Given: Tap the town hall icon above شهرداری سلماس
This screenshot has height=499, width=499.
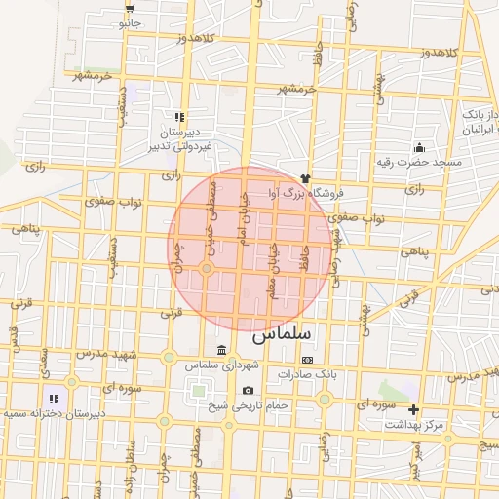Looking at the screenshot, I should click(223, 350).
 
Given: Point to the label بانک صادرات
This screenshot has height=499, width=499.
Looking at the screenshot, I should click(306, 373).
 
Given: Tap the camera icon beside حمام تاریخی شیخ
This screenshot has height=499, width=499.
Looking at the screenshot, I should click(248, 391).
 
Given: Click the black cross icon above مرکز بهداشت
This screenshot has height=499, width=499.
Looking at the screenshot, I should click(413, 409).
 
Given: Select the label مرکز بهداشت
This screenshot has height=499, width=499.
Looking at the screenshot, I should click(414, 424).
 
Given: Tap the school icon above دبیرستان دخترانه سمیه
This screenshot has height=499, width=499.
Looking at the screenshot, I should click(54, 398).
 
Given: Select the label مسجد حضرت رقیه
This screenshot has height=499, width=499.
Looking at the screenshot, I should click(419, 161).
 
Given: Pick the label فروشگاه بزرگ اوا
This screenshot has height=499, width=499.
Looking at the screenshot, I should click(302, 193).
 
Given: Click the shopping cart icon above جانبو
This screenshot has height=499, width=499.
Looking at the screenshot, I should click(130, 7).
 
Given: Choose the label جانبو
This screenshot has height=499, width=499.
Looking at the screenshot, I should click(130, 21).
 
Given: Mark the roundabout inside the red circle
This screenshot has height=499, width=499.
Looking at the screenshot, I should click(207, 268).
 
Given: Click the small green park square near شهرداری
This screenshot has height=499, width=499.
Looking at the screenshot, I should click(200, 391).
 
